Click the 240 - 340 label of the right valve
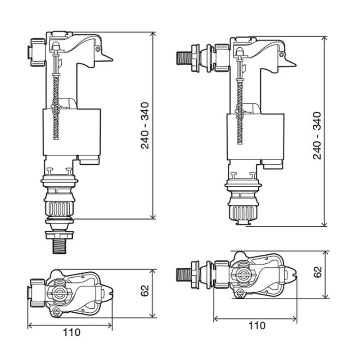(317, 135)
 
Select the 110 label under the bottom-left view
(72, 333)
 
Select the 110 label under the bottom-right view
(256, 325)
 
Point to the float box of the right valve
(255, 136)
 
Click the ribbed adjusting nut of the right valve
(243, 211)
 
